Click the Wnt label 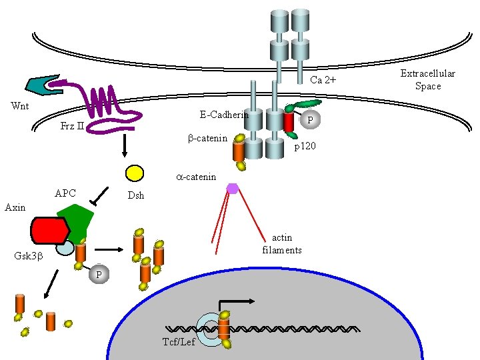click(19, 106)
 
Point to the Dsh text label click(136, 196)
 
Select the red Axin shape click(49, 229)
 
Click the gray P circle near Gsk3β click(98, 274)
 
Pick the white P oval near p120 click(307, 120)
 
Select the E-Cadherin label click(224, 115)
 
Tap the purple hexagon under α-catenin click(232, 188)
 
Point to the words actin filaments click(282, 244)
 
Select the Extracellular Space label click(427, 79)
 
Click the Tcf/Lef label click(179, 342)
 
